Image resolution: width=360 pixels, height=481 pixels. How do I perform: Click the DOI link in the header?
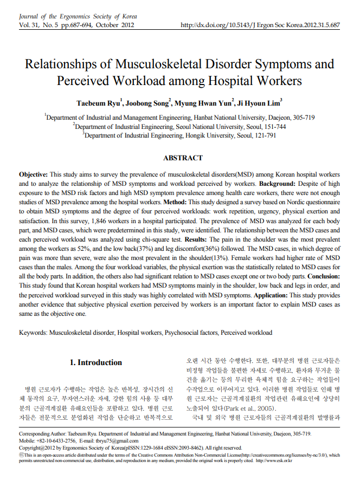coord(260,25)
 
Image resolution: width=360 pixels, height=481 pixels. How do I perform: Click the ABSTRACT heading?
coord(183,158)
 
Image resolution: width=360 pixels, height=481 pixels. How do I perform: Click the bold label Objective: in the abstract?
coord(34,175)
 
